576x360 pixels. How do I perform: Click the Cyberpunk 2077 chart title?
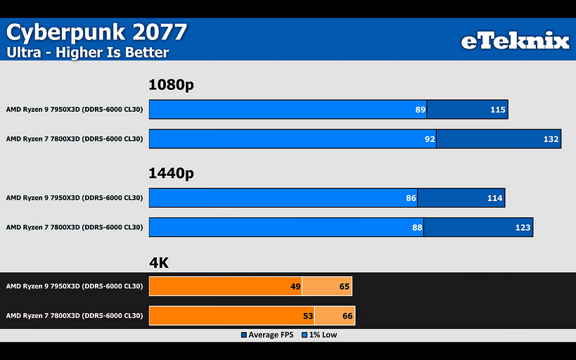pyautogui.click(x=97, y=32)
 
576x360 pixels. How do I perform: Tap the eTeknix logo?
pyautogui.click(x=515, y=41)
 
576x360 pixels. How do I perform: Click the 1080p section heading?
pyautogui.click(x=171, y=85)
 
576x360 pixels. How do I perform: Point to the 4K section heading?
pyautogui.click(x=160, y=263)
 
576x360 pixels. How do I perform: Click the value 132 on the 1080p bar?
pyautogui.click(x=550, y=139)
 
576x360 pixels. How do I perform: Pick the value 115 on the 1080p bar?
pyautogui.click(x=497, y=110)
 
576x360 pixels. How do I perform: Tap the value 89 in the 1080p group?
pyautogui.click(x=421, y=110)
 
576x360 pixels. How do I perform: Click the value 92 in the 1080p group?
pyautogui.click(x=430, y=139)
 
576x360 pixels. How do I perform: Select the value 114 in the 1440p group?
pyautogui.click(x=494, y=198)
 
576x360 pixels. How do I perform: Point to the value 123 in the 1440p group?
pyautogui.click(x=522, y=228)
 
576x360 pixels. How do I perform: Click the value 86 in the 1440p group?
pyautogui.click(x=411, y=198)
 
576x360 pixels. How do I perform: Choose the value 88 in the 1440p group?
pyautogui.click(x=417, y=228)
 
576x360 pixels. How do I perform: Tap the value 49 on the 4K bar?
pyautogui.click(x=295, y=286)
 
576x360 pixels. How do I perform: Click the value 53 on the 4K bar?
pyautogui.click(x=308, y=316)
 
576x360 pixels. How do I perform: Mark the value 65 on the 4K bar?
pyautogui.click(x=344, y=286)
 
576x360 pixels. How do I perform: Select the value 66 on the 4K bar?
pyautogui.click(x=347, y=316)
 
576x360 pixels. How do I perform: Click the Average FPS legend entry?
pyautogui.click(x=268, y=335)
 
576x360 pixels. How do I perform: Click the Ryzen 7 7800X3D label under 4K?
pyautogui.click(x=75, y=316)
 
